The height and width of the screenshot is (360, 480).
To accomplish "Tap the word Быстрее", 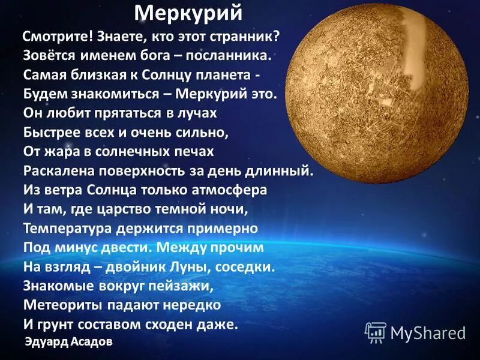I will click(50, 132).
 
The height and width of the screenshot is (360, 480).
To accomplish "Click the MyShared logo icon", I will click(376, 331).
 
